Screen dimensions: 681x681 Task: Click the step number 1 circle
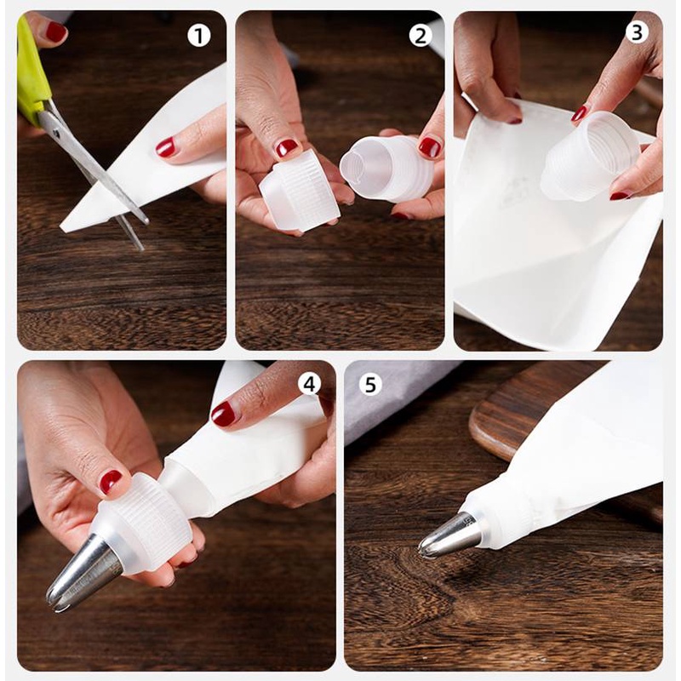tap(199, 36)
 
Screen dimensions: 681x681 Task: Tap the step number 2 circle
tap(421, 36)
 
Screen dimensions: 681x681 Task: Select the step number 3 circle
tap(637, 32)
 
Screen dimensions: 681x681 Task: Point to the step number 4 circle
tap(309, 384)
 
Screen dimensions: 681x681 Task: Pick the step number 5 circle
tap(370, 385)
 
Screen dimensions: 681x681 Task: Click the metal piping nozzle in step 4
tap(84, 572)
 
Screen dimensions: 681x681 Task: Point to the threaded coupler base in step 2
tap(386, 169)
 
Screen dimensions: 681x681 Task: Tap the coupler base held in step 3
tap(590, 157)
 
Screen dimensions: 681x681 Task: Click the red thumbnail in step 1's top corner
tap(55, 31)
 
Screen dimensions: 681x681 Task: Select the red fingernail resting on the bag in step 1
tap(165, 146)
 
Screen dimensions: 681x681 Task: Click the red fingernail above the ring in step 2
tap(288, 147)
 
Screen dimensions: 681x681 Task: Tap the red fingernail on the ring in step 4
tap(111, 481)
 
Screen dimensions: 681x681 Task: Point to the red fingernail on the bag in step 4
tap(223, 414)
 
